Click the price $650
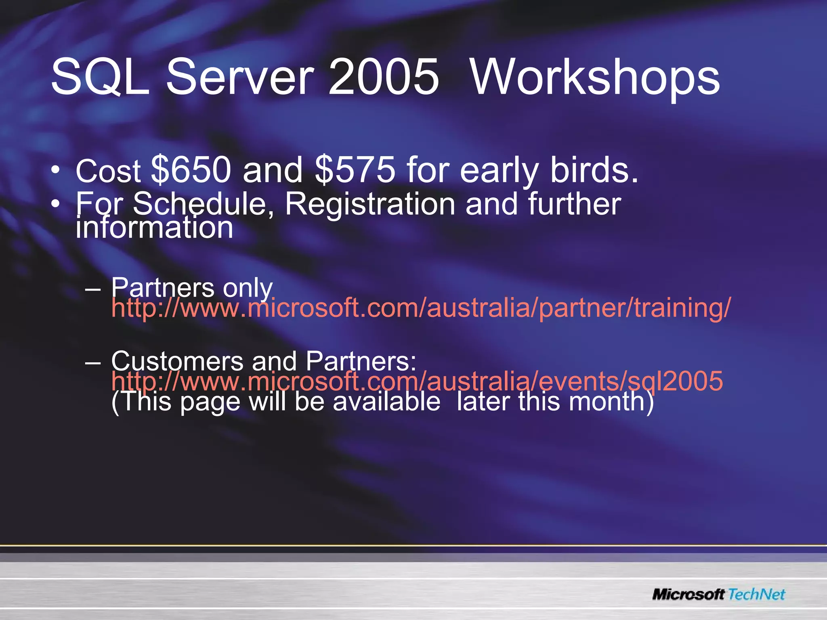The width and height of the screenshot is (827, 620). click(191, 170)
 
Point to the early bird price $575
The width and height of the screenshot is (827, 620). click(355, 170)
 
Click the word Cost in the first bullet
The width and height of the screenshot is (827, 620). click(108, 171)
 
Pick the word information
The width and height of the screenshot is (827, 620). click(154, 228)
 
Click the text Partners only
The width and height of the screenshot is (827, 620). click(192, 288)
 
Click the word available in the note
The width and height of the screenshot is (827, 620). click(386, 402)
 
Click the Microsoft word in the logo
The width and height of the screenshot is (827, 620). click(689, 595)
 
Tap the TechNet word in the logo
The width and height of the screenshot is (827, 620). click(757, 595)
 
